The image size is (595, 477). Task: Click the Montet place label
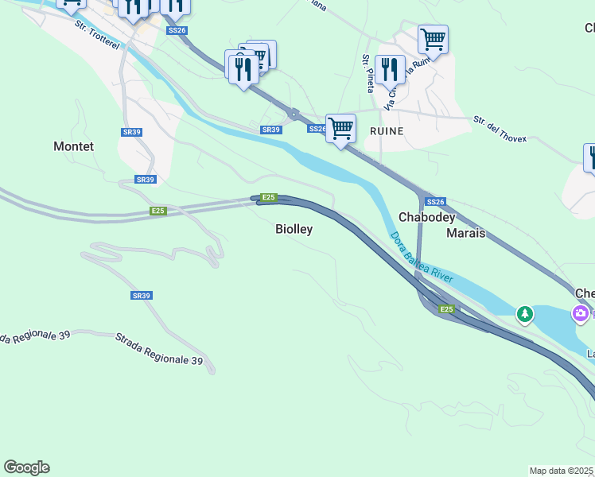73,146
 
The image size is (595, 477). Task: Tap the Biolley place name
294,229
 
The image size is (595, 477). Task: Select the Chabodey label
426,217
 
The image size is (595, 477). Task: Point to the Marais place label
465,233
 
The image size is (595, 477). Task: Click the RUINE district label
386,130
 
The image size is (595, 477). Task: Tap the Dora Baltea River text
422,257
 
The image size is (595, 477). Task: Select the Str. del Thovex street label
500,129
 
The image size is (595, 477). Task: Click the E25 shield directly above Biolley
269,197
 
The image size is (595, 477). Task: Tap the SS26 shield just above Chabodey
435,202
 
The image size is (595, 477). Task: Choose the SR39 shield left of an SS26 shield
271,130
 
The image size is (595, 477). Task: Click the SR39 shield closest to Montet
145,180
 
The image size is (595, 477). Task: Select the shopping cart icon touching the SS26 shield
340,127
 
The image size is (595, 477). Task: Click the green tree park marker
524,314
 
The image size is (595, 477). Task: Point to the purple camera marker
581,313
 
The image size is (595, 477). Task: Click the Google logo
26,467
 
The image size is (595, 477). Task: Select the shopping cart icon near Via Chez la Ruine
432,38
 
